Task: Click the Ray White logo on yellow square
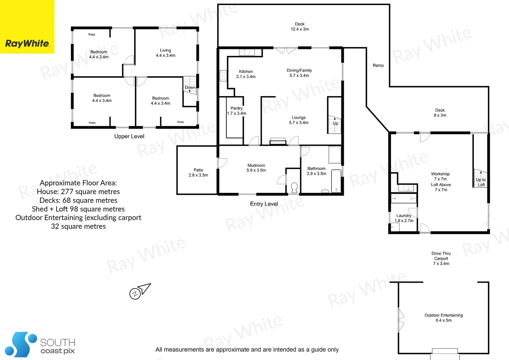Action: click(x=27, y=43)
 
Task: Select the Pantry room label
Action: click(x=237, y=108)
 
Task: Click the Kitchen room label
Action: click(x=246, y=72)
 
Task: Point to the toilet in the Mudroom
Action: click(x=294, y=187)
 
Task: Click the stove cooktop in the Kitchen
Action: click(x=223, y=76)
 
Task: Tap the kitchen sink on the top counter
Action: click(x=247, y=52)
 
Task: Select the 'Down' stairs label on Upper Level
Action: click(x=190, y=88)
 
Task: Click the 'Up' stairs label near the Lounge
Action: click(x=335, y=123)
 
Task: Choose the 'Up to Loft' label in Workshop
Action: click(x=481, y=182)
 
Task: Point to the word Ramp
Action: click(x=378, y=66)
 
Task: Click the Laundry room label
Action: click(x=404, y=216)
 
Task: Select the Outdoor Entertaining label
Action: click(x=443, y=315)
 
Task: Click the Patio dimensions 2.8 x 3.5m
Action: click(x=198, y=175)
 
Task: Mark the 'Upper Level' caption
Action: click(x=129, y=136)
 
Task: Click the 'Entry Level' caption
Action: click(x=264, y=204)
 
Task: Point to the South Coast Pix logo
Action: click(x=40, y=345)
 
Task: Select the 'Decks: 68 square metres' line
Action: click(x=78, y=200)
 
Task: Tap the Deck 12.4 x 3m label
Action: click(x=299, y=27)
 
